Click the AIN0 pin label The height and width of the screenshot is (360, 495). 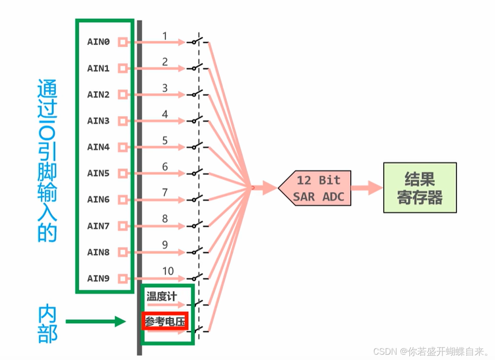pyautogui.click(x=98, y=42)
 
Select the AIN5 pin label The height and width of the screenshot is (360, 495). pyautogui.click(x=98, y=173)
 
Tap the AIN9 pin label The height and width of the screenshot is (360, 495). pyautogui.click(x=98, y=278)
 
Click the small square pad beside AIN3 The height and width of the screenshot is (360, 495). pyautogui.click(x=123, y=121)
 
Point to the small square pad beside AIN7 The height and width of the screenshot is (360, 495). pyautogui.click(x=123, y=226)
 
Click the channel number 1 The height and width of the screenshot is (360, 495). pyautogui.click(x=165, y=36)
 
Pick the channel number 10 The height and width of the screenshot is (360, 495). pyautogui.click(x=168, y=272)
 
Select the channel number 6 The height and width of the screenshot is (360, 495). pyautogui.click(x=165, y=167)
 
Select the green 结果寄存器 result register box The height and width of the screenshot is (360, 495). pyautogui.click(x=420, y=187)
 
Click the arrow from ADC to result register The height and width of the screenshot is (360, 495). pyautogui.click(x=366, y=187)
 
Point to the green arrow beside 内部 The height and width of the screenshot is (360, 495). pyautogui.click(x=95, y=321)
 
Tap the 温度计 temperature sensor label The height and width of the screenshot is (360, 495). pyautogui.click(x=161, y=296)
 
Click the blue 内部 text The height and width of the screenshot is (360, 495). pyautogui.click(x=48, y=324)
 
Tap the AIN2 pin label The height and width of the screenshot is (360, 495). pyautogui.click(x=98, y=95)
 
